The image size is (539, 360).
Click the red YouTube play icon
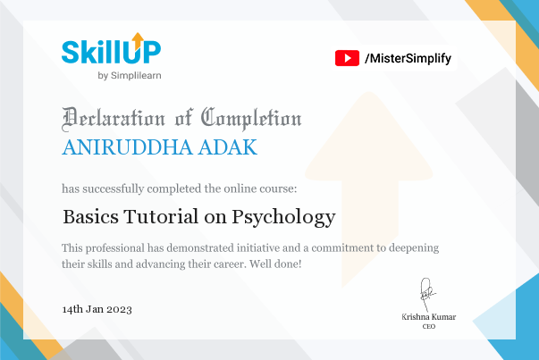347,58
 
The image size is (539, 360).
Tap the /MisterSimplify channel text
408,58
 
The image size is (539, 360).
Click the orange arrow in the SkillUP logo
138,40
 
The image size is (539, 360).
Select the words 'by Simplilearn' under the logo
130,76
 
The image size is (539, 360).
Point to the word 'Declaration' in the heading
114,119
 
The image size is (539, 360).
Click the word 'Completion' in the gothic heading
251,119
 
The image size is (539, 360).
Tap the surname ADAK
228,147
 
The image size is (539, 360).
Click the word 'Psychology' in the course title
283,218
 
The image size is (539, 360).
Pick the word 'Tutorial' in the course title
161,216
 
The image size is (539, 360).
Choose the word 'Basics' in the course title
91,216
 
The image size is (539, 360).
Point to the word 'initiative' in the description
258,247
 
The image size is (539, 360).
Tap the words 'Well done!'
275,264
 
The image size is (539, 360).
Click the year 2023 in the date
119,309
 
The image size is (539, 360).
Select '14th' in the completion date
72,309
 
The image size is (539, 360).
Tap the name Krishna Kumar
429,317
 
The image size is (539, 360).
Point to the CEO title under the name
429,326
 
